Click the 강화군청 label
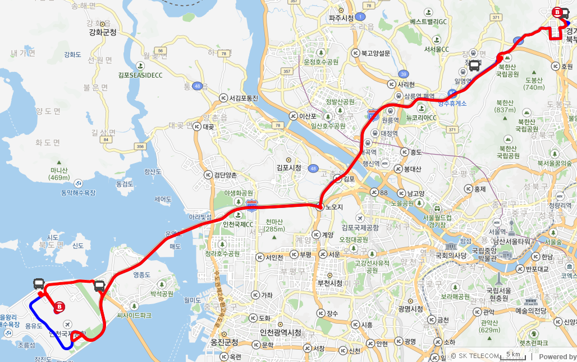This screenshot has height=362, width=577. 103,33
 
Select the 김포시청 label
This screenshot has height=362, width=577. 288,168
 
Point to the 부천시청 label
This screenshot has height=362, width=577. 330,283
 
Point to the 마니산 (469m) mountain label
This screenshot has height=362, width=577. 58,174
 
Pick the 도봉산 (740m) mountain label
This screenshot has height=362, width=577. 533,84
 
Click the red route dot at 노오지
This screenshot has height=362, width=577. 319,207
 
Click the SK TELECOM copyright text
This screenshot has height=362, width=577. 474,355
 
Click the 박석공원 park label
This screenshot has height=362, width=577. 163,293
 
